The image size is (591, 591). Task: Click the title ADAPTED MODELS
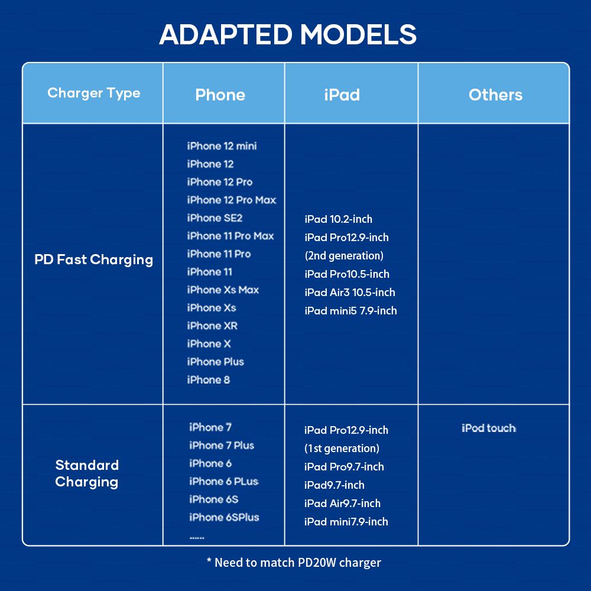tap(288, 35)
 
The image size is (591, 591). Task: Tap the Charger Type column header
tap(94, 93)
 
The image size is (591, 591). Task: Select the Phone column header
tap(220, 95)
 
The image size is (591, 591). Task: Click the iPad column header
tap(342, 95)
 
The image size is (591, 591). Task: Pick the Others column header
tap(495, 95)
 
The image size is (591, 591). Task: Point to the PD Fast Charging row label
tap(94, 259)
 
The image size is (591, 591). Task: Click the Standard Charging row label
tap(87, 473)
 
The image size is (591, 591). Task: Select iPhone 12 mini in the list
tap(222, 146)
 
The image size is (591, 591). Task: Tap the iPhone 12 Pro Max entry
tap(232, 200)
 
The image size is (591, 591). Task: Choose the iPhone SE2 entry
tap(215, 218)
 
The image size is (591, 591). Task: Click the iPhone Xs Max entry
tap(223, 290)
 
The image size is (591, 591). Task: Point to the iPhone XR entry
tap(212, 326)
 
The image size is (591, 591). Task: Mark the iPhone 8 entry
tap(209, 379)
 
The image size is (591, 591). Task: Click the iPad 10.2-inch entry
tap(338, 219)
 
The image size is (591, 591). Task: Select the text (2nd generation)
tap(344, 255)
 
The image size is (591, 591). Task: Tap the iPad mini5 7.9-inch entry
tap(350, 311)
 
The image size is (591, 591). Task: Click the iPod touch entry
tap(489, 428)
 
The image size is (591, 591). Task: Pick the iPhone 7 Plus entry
tap(222, 445)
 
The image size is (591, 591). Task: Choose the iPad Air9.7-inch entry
tap(342, 503)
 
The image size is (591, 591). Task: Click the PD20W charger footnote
tap(294, 563)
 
